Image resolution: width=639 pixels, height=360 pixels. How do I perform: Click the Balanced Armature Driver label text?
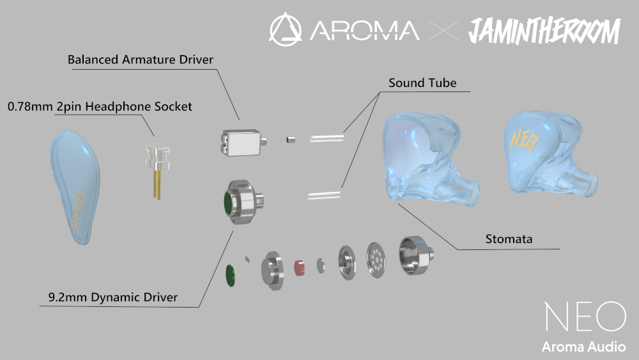point(141,60)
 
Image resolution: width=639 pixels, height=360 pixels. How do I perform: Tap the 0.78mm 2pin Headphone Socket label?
point(100,107)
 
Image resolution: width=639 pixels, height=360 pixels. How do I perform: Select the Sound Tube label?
point(424,84)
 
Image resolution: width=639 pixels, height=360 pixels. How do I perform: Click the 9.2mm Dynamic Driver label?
point(113,297)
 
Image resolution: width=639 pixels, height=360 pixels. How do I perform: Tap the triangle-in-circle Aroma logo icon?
point(286,29)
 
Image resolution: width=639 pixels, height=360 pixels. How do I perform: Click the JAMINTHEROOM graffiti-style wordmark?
point(544,31)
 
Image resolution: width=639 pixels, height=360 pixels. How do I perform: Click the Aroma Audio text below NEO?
point(584,347)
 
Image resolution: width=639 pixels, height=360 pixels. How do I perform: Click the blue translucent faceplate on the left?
point(76,188)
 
